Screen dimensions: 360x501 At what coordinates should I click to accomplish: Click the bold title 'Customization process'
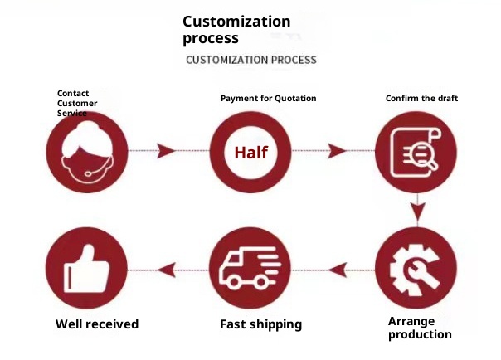click(236, 30)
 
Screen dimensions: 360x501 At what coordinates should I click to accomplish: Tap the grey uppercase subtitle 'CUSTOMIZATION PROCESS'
click(250, 60)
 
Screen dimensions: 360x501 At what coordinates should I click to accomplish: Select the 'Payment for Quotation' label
click(268, 99)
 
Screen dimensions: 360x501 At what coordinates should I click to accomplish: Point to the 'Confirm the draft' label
click(421, 99)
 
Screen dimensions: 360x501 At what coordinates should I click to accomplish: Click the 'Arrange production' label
click(420, 328)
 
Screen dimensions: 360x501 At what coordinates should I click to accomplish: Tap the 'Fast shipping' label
click(260, 324)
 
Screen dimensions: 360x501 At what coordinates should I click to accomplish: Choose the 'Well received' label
click(97, 324)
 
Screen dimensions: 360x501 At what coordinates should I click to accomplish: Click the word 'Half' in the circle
click(250, 153)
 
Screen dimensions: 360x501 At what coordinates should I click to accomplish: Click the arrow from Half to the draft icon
click(336, 151)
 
